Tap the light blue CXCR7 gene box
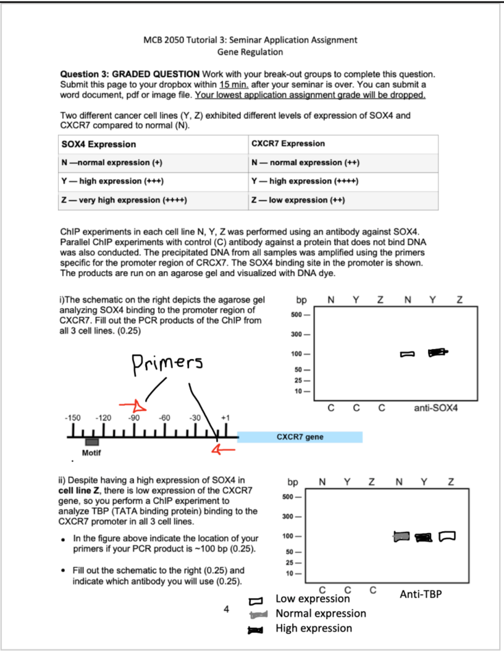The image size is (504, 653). [x=300, y=437]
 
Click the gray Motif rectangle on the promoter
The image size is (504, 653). [x=92, y=442]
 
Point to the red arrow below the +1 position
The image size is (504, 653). [x=223, y=449]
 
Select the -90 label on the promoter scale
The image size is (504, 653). [x=134, y=418]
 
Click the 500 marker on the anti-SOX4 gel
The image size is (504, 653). [x=297, y=315]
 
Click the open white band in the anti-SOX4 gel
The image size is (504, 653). [x=407, y=354]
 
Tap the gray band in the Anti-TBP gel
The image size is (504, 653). [x=402, y=536]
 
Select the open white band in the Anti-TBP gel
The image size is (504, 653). [x=447, y=536]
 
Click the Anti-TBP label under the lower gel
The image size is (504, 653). [x=420, y=594]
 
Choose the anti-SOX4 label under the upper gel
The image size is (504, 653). [x=436, y=408]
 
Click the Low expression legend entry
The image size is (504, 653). [x=312, y=598]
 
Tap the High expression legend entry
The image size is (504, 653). [x=314, y=628]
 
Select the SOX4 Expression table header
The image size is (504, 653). [x=99, y=144]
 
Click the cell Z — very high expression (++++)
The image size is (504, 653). [x=124, y=200]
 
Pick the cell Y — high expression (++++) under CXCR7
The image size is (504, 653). [x=305, y=181]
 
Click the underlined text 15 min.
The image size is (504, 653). [x=234, y=85]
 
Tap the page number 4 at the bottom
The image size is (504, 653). [x=226, y=609]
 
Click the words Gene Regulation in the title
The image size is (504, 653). [x=250, y=52]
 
